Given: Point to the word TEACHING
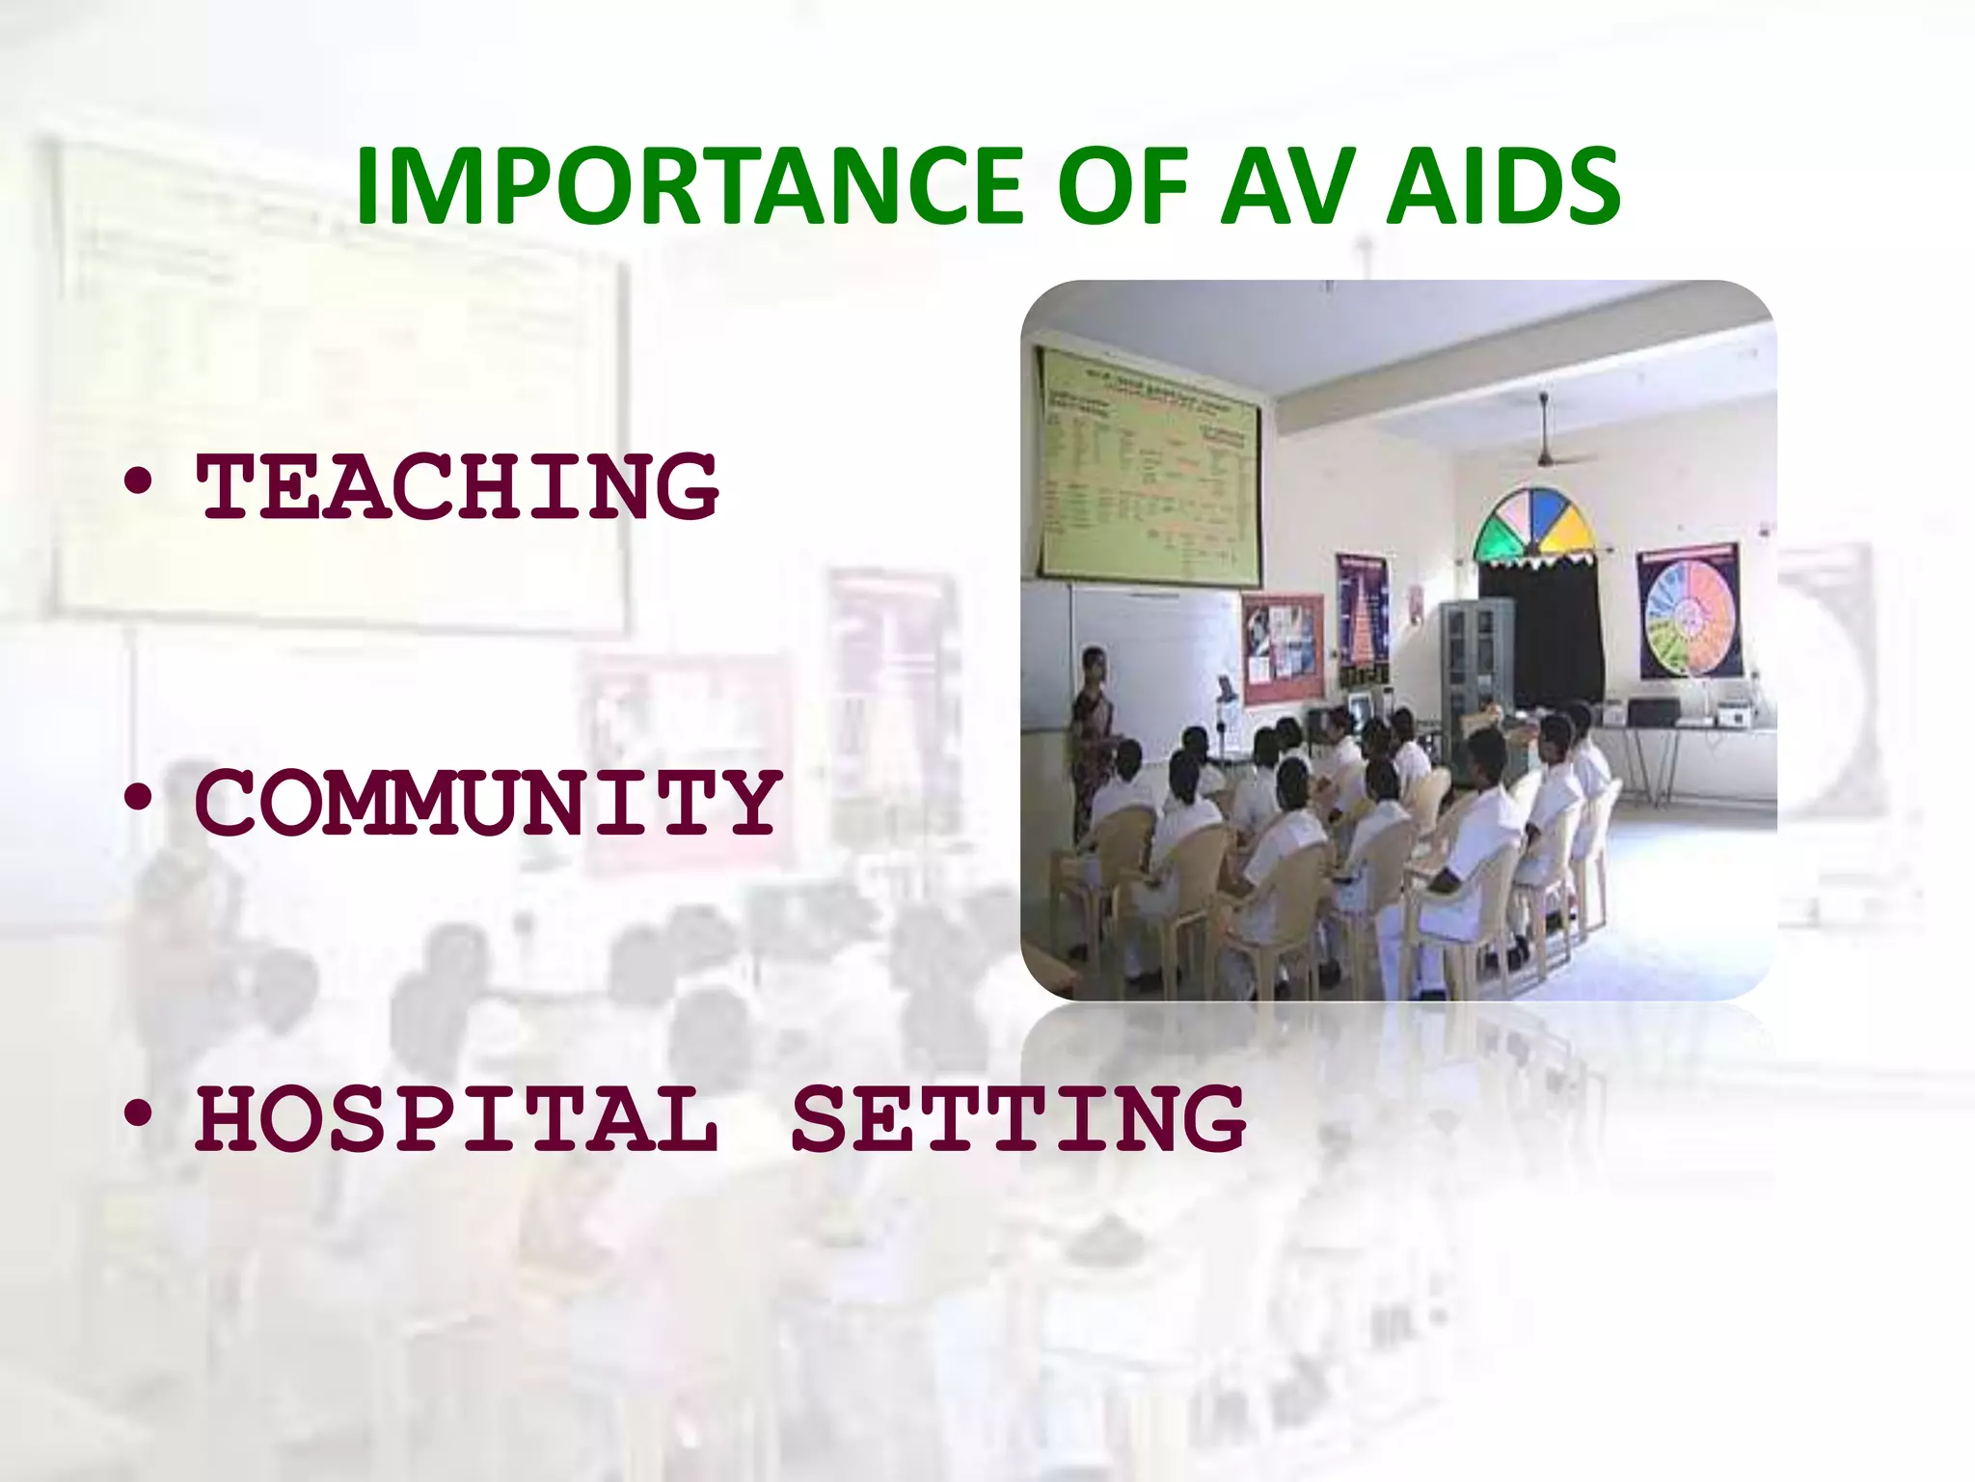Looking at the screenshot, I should coord(457,486).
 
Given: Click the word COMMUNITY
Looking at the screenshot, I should coord(487,803).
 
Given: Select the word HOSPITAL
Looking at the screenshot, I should coord(457,1119).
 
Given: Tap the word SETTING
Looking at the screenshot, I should coord(1018,1119).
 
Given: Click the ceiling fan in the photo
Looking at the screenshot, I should coord(1545,453).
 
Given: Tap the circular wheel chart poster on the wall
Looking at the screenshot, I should coord(1690,612).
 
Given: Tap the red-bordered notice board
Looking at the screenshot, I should coord(1283,646).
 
